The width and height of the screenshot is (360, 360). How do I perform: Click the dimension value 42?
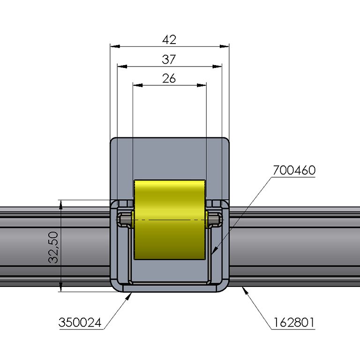169,40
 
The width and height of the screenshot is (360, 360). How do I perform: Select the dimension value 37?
169,60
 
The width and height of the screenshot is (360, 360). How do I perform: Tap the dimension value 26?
169,78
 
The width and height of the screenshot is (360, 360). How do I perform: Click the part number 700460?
294,170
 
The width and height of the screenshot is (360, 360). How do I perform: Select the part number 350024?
80,322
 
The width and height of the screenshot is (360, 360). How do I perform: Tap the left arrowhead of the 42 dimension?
114,46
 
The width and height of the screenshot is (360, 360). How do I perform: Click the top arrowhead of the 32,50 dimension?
61,203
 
